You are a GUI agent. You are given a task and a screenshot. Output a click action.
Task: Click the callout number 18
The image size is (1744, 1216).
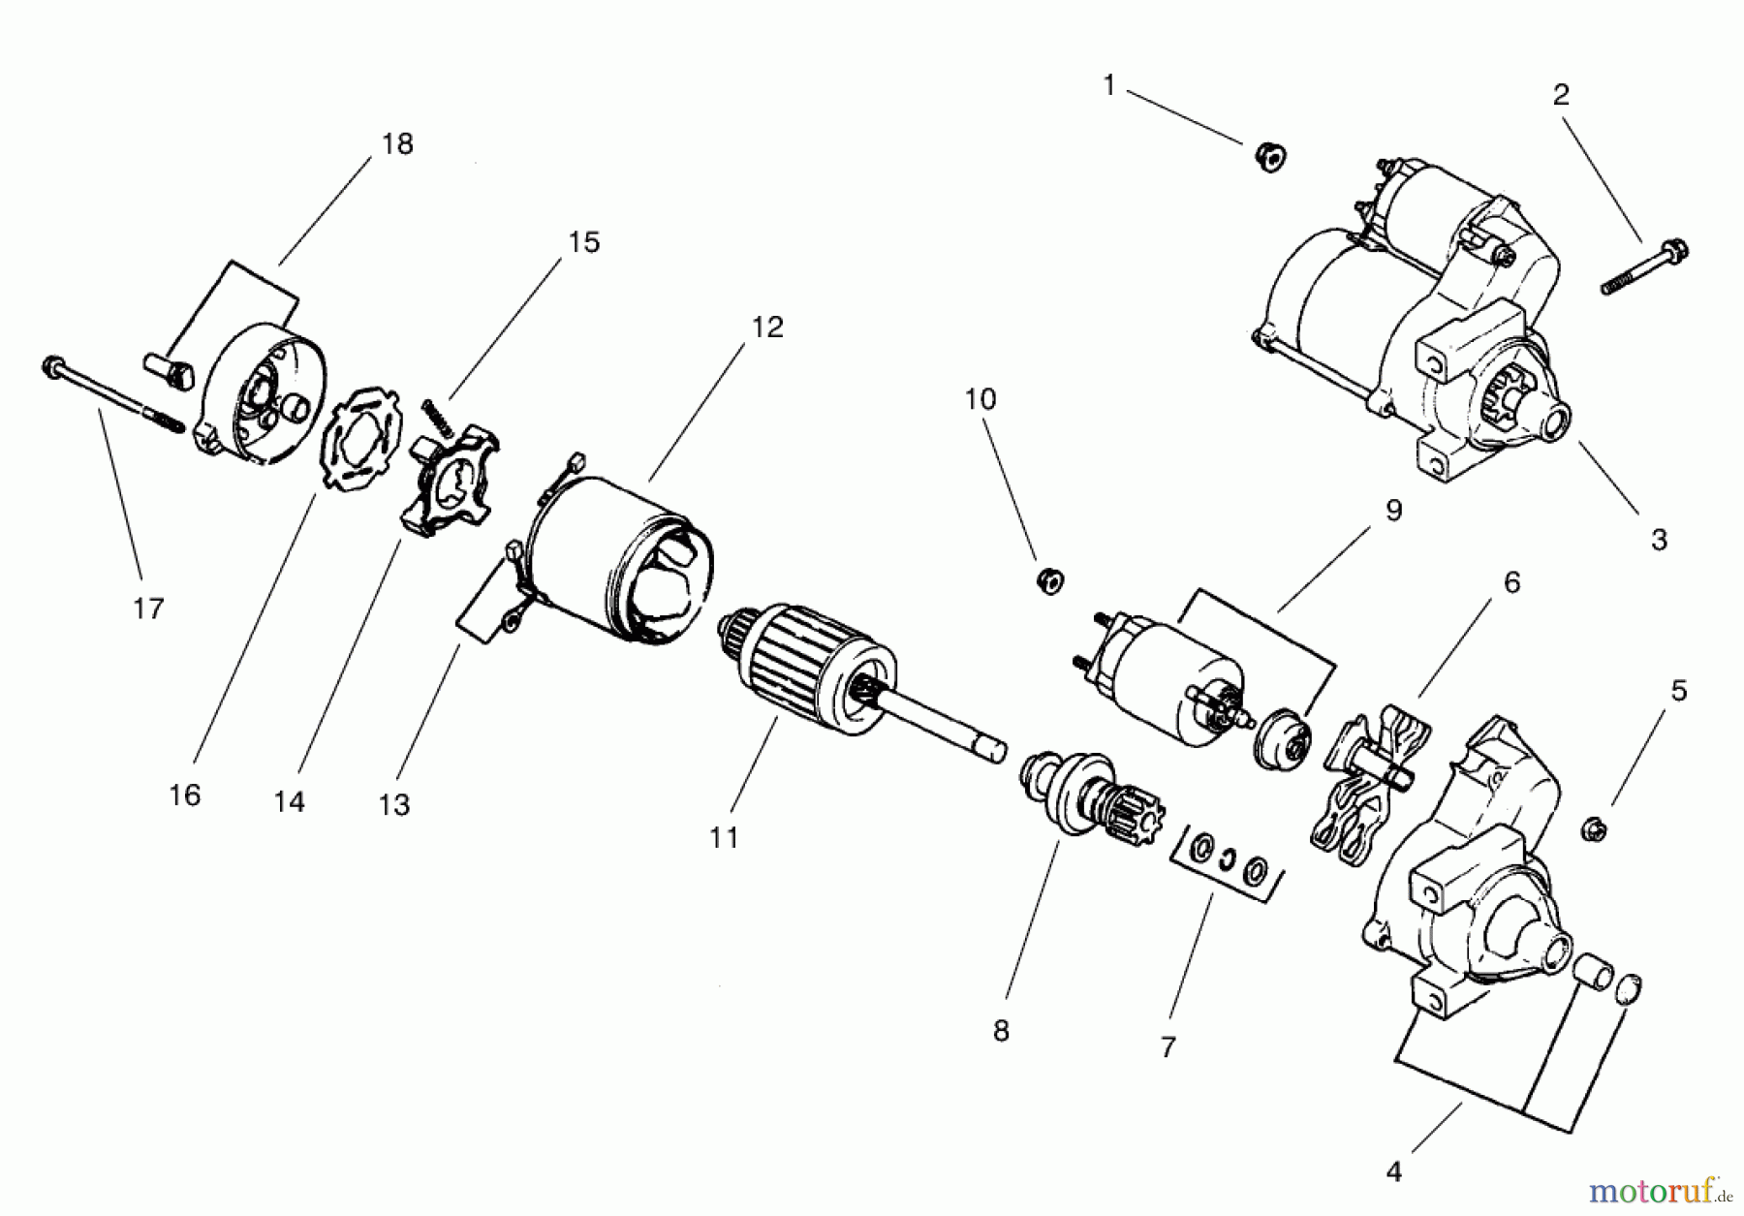click(x=397, y=144)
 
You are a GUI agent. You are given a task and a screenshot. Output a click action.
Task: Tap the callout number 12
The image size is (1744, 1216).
click(x=766, y=327)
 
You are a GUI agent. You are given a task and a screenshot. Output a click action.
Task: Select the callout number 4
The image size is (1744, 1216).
click(x=1393, y=1171)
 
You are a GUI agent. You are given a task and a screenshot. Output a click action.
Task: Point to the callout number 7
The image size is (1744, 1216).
click(x=1168, y=1047)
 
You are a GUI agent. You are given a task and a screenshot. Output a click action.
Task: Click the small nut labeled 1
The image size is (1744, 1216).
click(x=1269, y=157)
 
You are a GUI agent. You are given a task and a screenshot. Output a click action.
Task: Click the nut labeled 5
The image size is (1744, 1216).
click(x=1595, y=828)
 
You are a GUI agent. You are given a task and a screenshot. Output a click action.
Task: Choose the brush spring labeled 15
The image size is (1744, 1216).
click(x=437, y=418)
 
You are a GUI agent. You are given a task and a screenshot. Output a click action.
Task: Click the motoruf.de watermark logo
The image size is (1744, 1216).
click(x=1659, y=1188)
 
